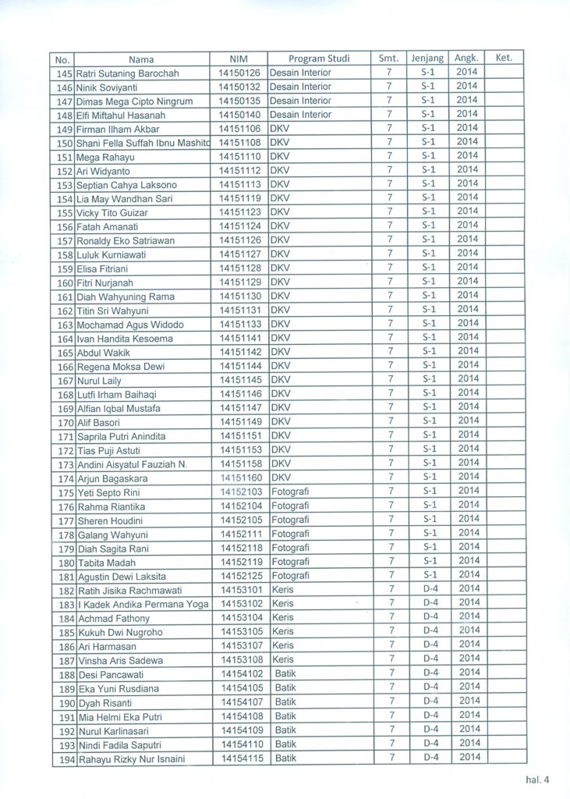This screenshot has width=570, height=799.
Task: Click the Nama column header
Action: (x=141, y=59)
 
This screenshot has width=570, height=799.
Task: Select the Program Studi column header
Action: (x=319, y=59)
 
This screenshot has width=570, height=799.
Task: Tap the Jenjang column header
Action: (x=427, y=59)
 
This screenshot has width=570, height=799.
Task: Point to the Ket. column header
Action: (x=503, y=58)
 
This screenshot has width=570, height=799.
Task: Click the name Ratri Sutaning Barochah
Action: (x=127, y=73)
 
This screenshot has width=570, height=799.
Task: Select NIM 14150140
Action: (x=239, y=115)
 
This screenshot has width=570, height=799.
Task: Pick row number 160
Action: (x=65, y=282)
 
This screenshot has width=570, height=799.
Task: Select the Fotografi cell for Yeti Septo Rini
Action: (x=290, y=492)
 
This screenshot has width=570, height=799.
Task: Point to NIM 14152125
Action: (x=239, y=576)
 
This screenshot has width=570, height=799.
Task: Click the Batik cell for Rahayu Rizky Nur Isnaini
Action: (x=285, y=758)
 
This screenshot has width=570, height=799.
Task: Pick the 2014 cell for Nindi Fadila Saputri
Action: (x=468, y=743)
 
